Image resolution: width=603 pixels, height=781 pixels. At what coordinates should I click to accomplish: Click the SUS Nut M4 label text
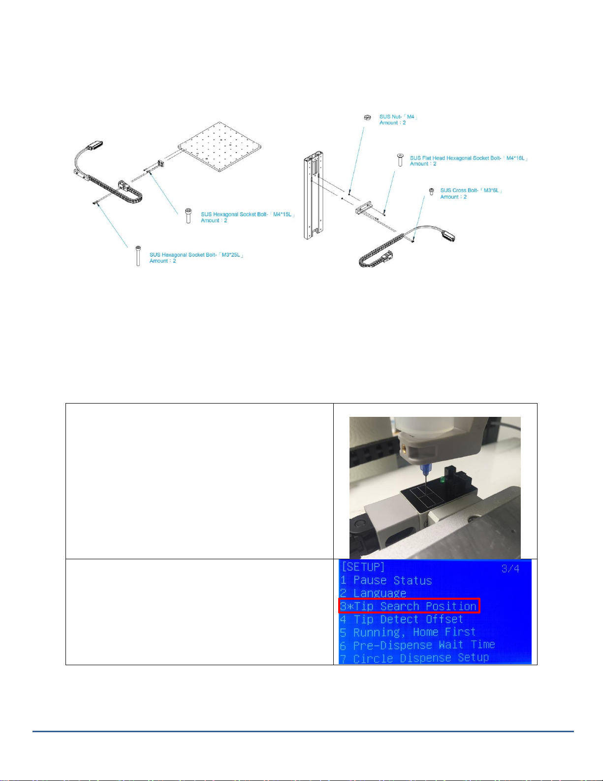[398, 120]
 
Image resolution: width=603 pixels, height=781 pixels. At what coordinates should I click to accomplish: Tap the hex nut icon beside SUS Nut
[367, 117]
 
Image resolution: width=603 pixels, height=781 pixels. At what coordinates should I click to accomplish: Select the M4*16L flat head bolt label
[469, 161]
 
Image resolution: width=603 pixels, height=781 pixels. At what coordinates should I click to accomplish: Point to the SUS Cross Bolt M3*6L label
[471, 193]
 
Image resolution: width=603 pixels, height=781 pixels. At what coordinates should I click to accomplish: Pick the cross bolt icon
[432, 192]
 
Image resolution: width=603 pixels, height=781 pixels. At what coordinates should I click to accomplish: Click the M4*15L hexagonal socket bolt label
[248, 217]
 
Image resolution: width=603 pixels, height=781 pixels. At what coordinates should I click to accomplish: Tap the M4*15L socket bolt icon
[188, 216]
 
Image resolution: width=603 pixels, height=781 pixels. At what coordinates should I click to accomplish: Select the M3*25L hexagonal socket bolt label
[196, 258]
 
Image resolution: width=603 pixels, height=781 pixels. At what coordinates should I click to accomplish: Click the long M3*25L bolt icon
[138, 256]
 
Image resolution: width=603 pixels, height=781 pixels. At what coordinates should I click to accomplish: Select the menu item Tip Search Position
[409, 607]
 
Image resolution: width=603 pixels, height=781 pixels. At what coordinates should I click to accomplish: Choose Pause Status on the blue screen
[386, 580]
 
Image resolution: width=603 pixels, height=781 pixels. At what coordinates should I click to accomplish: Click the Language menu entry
[373, 593]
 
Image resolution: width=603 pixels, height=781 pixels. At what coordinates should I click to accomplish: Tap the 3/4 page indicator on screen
[510, 569]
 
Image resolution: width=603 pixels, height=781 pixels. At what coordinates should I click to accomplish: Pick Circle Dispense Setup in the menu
[414, 658]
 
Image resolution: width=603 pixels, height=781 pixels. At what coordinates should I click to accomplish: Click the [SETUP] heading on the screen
[363, 567]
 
